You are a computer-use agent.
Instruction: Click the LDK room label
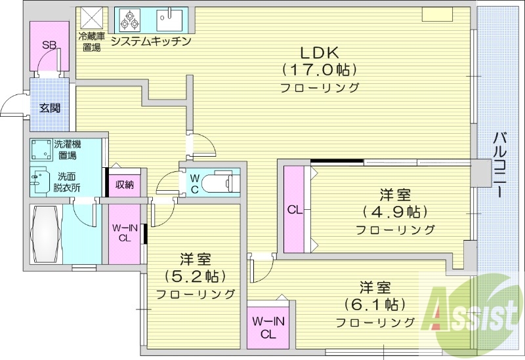[x=320, y=52]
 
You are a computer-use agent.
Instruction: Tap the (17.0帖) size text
[x=320, y=69]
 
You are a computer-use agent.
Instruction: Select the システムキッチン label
[x=151, y=41]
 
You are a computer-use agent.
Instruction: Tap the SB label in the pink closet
[x=49, y=45]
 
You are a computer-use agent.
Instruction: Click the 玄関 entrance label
[x=49, y=108]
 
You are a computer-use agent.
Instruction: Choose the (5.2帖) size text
[x=195, y=275]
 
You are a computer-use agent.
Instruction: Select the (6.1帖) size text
[x=375, y=304]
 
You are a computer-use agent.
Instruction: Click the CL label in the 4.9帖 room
[x=294, y=210]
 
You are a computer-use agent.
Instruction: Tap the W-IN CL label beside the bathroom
[x=124, y=233]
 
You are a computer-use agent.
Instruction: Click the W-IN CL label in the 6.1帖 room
[x=268, y=327]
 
